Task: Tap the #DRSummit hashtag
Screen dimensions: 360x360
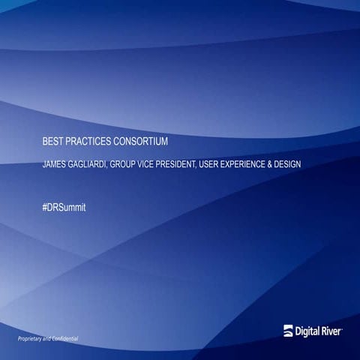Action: [x=64, y=205]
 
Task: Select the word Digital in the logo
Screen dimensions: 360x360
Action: [x=310, y=331]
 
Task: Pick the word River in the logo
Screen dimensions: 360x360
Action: [x=334, y=331]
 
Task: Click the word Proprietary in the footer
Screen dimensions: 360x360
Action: [x=34, y=340]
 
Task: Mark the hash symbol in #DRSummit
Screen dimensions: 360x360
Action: [x=45, y=205]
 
